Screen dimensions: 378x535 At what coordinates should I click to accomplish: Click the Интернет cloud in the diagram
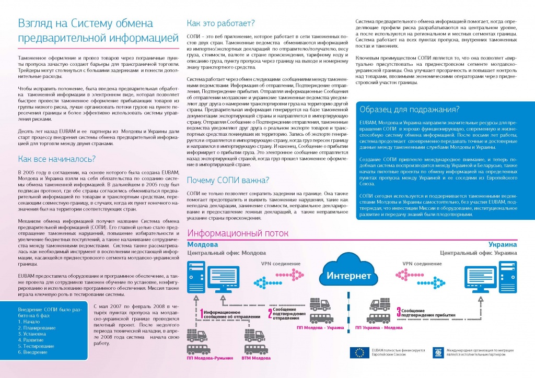349,274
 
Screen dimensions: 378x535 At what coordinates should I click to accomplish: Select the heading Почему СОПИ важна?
228,181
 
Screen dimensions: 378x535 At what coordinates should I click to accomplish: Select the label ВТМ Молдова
256,359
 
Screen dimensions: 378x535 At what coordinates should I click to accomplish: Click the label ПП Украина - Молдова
379,327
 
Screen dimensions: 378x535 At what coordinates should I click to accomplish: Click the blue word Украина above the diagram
503,244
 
